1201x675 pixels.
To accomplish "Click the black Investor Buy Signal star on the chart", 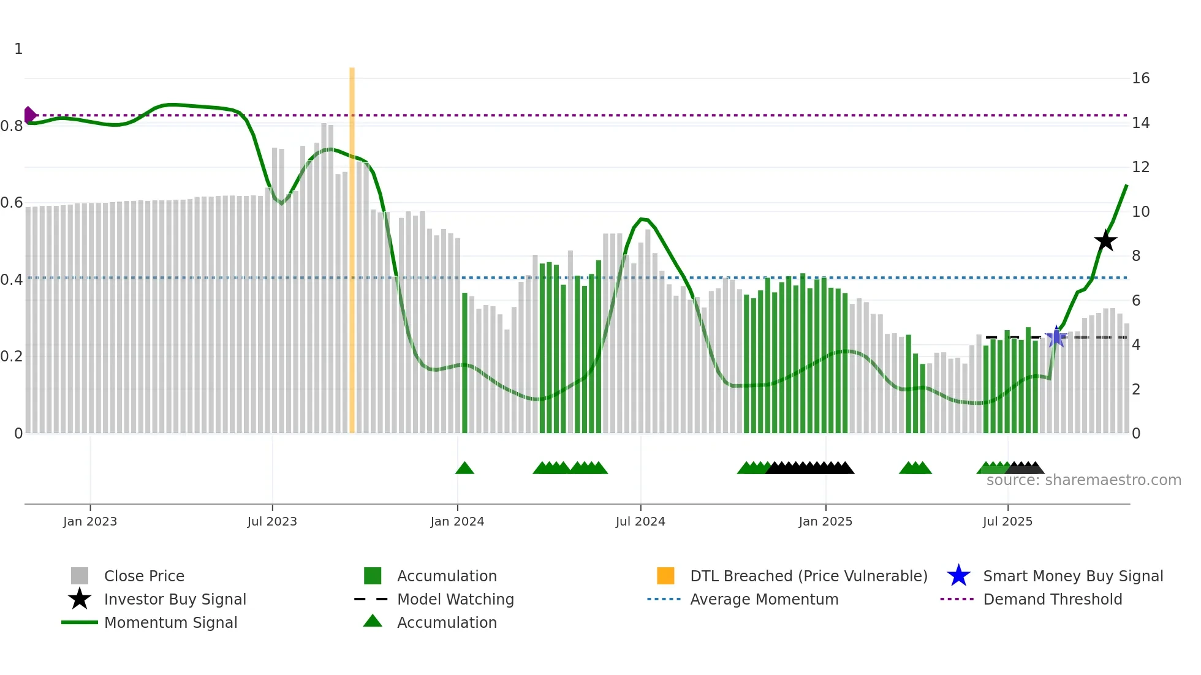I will coord(1105,241).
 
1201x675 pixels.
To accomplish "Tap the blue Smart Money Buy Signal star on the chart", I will coord(1056,337).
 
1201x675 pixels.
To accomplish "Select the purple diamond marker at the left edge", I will coord(29,115).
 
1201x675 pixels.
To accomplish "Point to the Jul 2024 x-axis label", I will coord(640,521).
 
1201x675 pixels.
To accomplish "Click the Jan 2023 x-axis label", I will coord(90,521).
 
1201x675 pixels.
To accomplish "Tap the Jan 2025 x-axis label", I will coord(825,521).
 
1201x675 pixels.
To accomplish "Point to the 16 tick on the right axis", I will coord(1140,78).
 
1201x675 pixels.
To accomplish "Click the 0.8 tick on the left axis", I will coord(12,126).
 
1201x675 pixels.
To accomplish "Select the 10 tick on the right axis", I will coord(1140,212).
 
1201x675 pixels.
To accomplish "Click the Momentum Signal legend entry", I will coord(170,622).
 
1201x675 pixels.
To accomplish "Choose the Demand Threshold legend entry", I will coord(1052,599).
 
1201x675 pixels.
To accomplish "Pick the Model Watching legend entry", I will coord(455,599).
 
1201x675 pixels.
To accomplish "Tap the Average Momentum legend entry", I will coord(764,599).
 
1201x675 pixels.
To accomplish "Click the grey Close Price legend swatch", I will coord(80,576).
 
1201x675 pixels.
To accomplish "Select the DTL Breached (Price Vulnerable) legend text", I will coord(808,576).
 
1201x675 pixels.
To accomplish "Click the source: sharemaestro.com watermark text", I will coord(1083,480).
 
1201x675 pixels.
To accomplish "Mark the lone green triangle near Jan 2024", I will coord(464,468).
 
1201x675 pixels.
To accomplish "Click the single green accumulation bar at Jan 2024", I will coord(464,363).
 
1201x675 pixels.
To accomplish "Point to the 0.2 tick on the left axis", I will coord(12,356).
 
